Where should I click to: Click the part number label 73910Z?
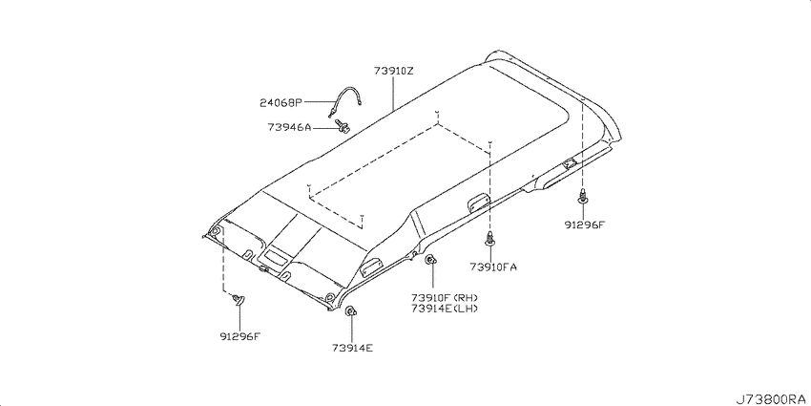click(x=394, y=72)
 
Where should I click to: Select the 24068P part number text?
click(x=280, y=102)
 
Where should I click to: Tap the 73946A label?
click(x=289, y=126)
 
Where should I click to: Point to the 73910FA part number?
click(x=493, y=267)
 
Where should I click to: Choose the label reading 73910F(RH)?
click(x=445, y=298)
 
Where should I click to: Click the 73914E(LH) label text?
click(x=445, y=309)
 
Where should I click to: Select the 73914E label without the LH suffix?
click(x=352, y=348)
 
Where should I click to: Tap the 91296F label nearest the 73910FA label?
click(x=585, y=224)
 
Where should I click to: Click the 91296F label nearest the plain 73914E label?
click(x=239, y=336)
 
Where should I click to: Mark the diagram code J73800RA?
click(x=772, y=398)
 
